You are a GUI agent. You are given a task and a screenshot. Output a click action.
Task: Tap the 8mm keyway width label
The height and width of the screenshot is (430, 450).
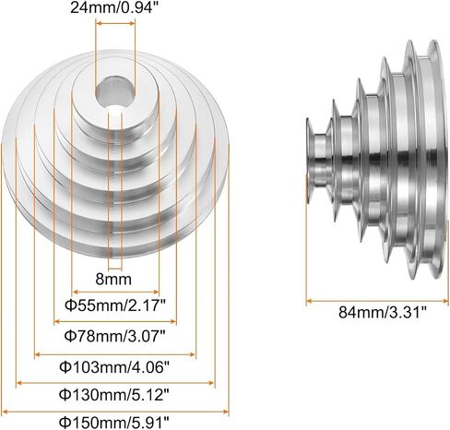(x=113, y=280)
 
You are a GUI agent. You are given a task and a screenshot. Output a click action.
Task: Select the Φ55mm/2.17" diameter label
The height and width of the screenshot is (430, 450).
(x=115, y=305)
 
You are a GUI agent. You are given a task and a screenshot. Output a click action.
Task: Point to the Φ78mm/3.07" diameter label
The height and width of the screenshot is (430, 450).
(x=115, y=336)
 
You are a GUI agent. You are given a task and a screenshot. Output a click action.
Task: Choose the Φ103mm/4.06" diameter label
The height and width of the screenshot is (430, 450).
(x=114, y=366)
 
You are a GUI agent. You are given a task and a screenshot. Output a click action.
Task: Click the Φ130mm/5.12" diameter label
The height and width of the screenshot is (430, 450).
(x=114, y=394)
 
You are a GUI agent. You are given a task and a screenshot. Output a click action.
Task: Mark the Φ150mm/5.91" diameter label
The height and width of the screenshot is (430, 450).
(x=114, y=423)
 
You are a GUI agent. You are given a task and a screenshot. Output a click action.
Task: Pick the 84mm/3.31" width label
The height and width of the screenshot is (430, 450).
(x=383, y=313)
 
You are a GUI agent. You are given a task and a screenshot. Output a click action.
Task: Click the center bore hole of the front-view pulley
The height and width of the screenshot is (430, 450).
(x=115, y=92)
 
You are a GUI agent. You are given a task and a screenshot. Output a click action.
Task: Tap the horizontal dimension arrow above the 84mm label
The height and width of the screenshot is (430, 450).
(x=377, y=301)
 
